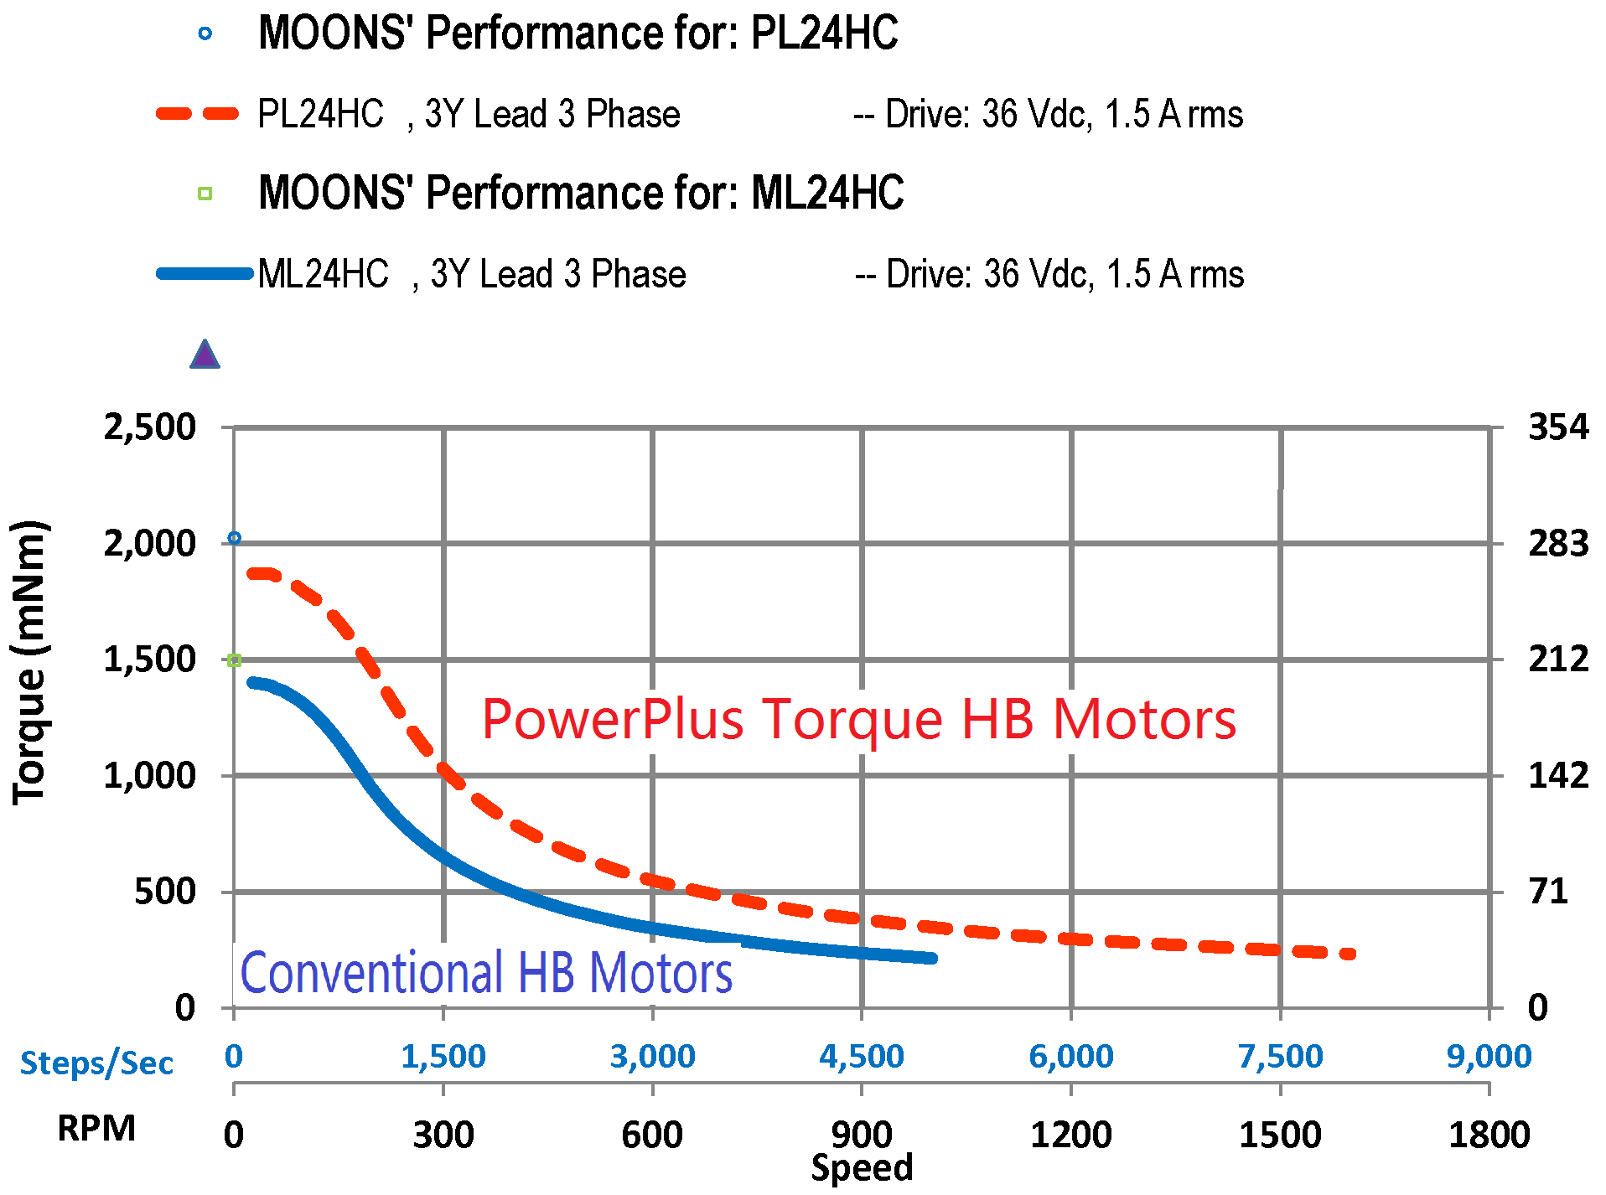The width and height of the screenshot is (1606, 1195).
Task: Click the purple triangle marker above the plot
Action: click(x=205, y=354)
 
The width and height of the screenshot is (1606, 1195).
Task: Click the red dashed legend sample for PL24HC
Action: click(x=199, y=113)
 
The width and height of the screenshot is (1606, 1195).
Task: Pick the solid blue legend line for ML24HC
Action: click(x=205, y=273)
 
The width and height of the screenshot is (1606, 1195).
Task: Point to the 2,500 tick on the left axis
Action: click(x=149, y=427)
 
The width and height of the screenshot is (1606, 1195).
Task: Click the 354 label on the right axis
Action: click(x=1557, y=427)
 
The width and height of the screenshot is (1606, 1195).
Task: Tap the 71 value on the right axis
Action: click(x=1547, y=892)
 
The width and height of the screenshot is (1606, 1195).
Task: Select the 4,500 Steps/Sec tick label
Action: click(x=861, y=1057)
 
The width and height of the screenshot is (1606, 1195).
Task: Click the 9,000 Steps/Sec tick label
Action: click(x=1489, y=1057)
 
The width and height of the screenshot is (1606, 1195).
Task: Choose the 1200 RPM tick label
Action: click(x=1070, y=1136)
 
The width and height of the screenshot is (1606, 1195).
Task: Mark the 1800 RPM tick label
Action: click(x=1489, y=1136)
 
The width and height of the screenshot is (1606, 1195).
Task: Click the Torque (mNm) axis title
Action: click(x=30, y=662)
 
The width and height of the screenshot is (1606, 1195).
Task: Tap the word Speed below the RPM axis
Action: click(x=862, y=1168)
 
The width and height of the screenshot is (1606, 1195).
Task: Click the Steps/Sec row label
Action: click(x=96, y=1063)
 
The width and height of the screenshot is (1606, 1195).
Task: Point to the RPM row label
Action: click(x=96, y=1129)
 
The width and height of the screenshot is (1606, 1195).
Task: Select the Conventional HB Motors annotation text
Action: click(x=486, y=973)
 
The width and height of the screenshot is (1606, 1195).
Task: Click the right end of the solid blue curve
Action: click(x=932, y=958)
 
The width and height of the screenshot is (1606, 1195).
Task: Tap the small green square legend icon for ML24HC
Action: click(x=205, y=194)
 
